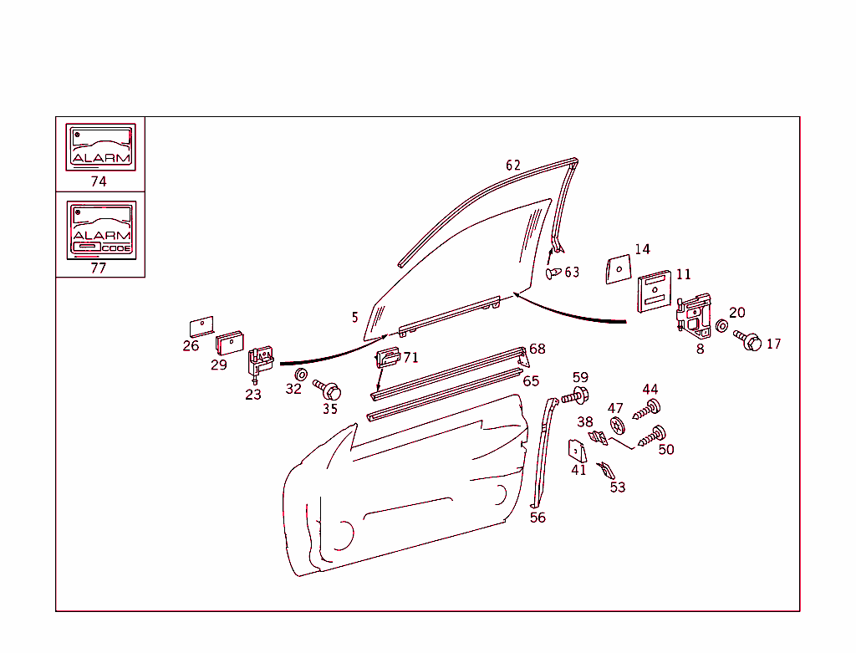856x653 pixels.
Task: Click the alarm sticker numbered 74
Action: coord(100,147)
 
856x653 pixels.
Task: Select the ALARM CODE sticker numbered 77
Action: coord(101,230)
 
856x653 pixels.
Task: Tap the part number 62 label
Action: coord(513,166)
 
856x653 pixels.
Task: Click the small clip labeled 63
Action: coord(553,273)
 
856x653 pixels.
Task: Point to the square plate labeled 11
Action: coord(655,291)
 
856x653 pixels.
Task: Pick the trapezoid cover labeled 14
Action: coord(619,269)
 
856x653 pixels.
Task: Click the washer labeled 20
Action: coord(721,326)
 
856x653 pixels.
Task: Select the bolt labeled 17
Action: coord(747,340)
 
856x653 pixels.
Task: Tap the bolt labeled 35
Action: coord(327,390)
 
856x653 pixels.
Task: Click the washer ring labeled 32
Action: coord(301,375)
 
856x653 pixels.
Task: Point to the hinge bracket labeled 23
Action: coord(261,363)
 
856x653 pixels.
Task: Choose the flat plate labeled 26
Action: coord(201,327)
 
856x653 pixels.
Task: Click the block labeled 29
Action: coord(229,343)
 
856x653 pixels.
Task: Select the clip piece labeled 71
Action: coord(388,358)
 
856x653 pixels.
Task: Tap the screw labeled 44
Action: coord(647,410)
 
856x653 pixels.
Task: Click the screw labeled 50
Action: coord(652,436)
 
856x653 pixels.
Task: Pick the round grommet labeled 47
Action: coord(617,425)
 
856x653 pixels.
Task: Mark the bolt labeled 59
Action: coord(574,395)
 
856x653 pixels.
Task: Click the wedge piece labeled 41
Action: coord(578,451)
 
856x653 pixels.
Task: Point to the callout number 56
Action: coord(538,518)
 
